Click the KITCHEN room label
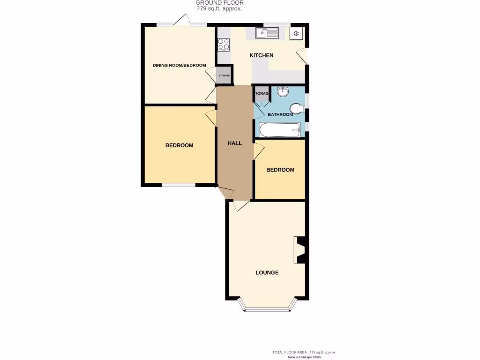(x=261, y=55)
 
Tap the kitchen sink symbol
(x=267, y=33)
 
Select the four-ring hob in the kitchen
(x=224, y=44)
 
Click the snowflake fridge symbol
(x=296, y=33)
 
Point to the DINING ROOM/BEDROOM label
(x=179, y=65)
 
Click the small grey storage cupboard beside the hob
(x=224, y=75)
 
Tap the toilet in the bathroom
(x=296, y=109)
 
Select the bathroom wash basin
(x=284, y=92)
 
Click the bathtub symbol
(x=279, y=130)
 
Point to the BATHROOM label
(x=280, y=114)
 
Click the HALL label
(x=235, y=143)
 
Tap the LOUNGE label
(x=267, y=272)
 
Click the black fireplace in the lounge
(x=300, y=250)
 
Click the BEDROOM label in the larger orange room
(x=179, y=145)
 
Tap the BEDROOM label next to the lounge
(x=280, y=170)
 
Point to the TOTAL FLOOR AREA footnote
(x=304, y=352)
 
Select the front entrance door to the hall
(x=225, y=192)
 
